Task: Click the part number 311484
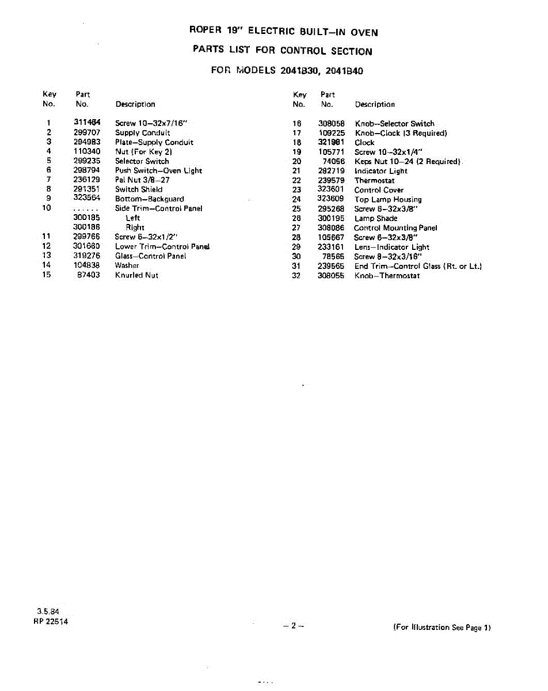point(87,123)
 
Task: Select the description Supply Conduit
point(142,132)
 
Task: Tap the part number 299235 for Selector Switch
point(87,161)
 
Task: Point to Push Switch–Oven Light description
point(158,170)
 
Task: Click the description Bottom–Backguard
point(149,199)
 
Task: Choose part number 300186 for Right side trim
point(87,227)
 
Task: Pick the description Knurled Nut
point(136,275)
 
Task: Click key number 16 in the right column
point(297,124)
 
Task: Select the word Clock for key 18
point(364,142)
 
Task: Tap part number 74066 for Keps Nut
point(334,162)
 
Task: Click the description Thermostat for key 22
point(374,180)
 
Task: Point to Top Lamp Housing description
point(388,199)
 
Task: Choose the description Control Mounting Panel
point(395,228)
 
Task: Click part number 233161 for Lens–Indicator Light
point(331,247)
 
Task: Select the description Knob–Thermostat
point(387,276)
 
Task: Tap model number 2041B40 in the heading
point(344,71)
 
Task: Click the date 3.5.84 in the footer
point(45,612)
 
